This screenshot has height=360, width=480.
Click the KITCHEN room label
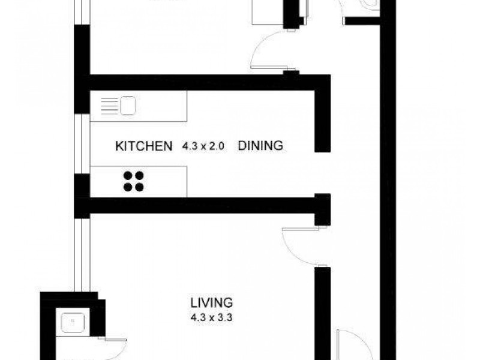(x=143, y=146)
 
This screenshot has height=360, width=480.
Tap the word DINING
(x=260, y=146)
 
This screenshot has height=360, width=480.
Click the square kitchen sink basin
(x=128, y=106)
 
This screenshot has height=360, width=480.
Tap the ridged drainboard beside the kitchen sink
(x=108, y=106)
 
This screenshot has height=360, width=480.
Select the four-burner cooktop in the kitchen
(x=134, y=181)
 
